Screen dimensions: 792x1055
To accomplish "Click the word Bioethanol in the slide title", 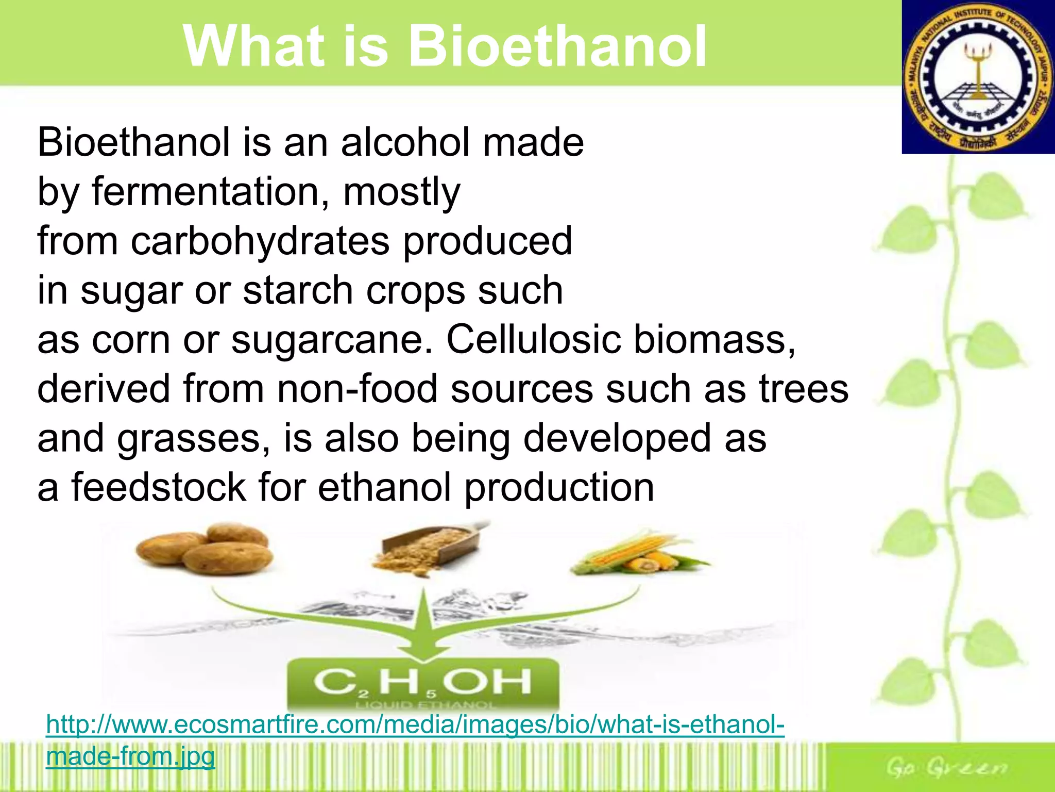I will coord(558,46).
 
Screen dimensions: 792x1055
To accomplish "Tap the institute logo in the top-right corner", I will coord(978,77).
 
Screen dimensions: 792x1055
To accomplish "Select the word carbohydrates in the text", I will coord(260,241).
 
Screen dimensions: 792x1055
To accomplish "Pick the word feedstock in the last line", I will coord(159,487).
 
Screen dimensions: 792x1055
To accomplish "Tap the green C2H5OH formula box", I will coord(422,683).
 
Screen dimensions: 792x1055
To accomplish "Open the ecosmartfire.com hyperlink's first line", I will coord(415,725).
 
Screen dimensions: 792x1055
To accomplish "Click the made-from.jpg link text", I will coord(130,756).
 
